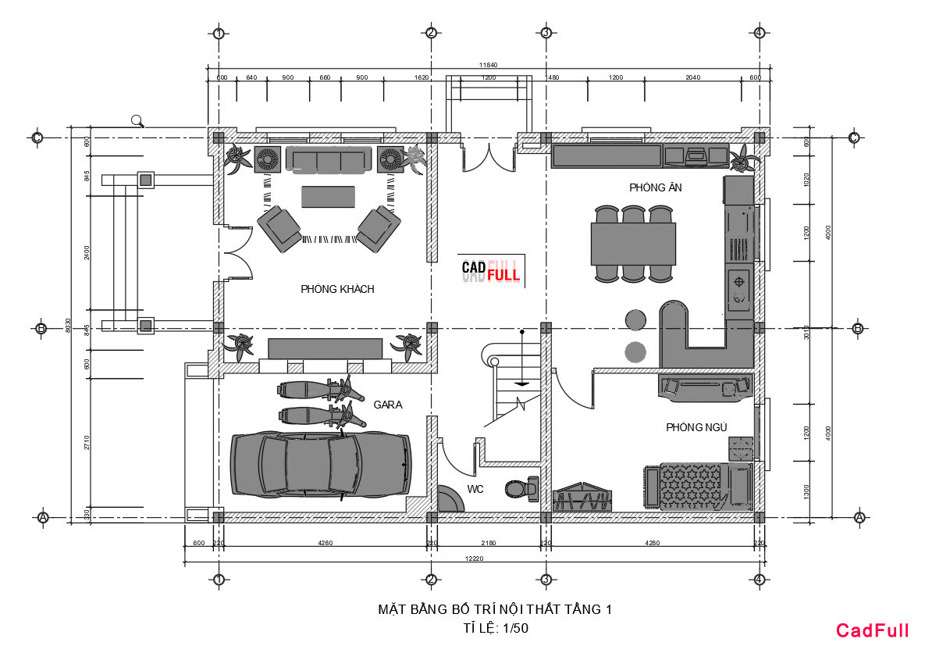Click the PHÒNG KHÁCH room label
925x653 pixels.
click(337, 289)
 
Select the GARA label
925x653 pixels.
click(388, 405)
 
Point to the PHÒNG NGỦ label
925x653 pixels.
click(696, 427)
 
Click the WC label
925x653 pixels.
click(475, 489)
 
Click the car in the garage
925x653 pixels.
click(320, 464)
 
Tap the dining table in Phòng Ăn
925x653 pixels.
click(633, 244)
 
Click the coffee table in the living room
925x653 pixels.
click(328, 195)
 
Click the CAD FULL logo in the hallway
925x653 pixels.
click(491, 270)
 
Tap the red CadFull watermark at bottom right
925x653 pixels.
click(872, 630)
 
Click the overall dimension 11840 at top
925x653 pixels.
click(488, 65)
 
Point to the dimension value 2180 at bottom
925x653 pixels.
click(488, 543)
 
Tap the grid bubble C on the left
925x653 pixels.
click(36, 137)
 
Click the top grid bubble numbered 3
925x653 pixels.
click(546, 33)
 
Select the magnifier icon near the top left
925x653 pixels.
click(138, 120)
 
